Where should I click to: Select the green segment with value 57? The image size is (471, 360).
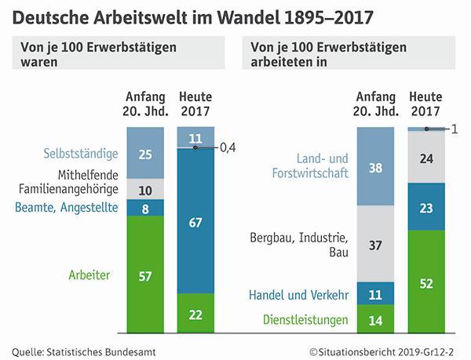tap(145, 275)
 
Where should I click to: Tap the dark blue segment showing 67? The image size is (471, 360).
tap(195, 221)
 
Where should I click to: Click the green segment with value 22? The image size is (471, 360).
tap(195, 313)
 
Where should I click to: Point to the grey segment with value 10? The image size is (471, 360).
tap(145, 189)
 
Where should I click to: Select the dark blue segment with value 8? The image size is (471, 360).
tap(145, 208)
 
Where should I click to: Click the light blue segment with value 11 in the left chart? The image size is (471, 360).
tap(195, 136)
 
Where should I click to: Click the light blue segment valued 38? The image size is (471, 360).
tap(376, 166)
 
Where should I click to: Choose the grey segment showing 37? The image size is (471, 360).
tap(376, 245)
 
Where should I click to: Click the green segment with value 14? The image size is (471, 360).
tap(376, 319)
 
